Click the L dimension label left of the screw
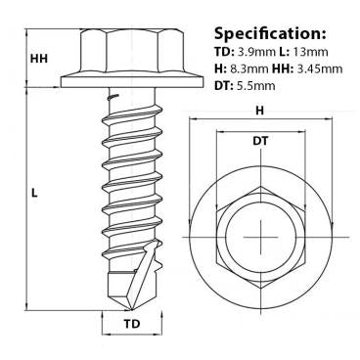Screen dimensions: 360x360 pos(34,194)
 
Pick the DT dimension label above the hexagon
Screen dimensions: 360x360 pos(259,142)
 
